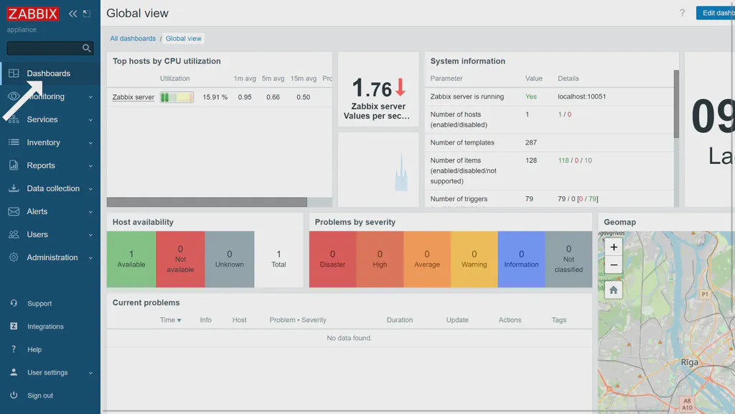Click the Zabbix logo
[x=33, y=14]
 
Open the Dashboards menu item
[x=48, y=73]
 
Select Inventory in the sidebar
[x=43, y=142]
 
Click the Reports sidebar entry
[x=41, y=165]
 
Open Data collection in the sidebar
[x=53, y=188]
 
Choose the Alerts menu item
[x=37, y=211]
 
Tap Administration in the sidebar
[x=52, y=257]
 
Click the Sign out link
[x=40, y=395]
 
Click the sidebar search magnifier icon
[x=87, y=48]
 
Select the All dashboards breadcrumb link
[x=133, y=39]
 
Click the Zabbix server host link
[x=134, y=97]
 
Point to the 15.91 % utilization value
[x=215, y=97]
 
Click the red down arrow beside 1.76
[x=401, y=88]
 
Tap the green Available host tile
[x=131, y=259]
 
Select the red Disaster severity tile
[x=332, y=259]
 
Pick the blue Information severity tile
[x=521, y=259]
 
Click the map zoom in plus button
[x=613, y=247]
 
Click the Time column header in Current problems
[x=170, y=320]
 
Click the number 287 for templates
[x=531, y=142]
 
